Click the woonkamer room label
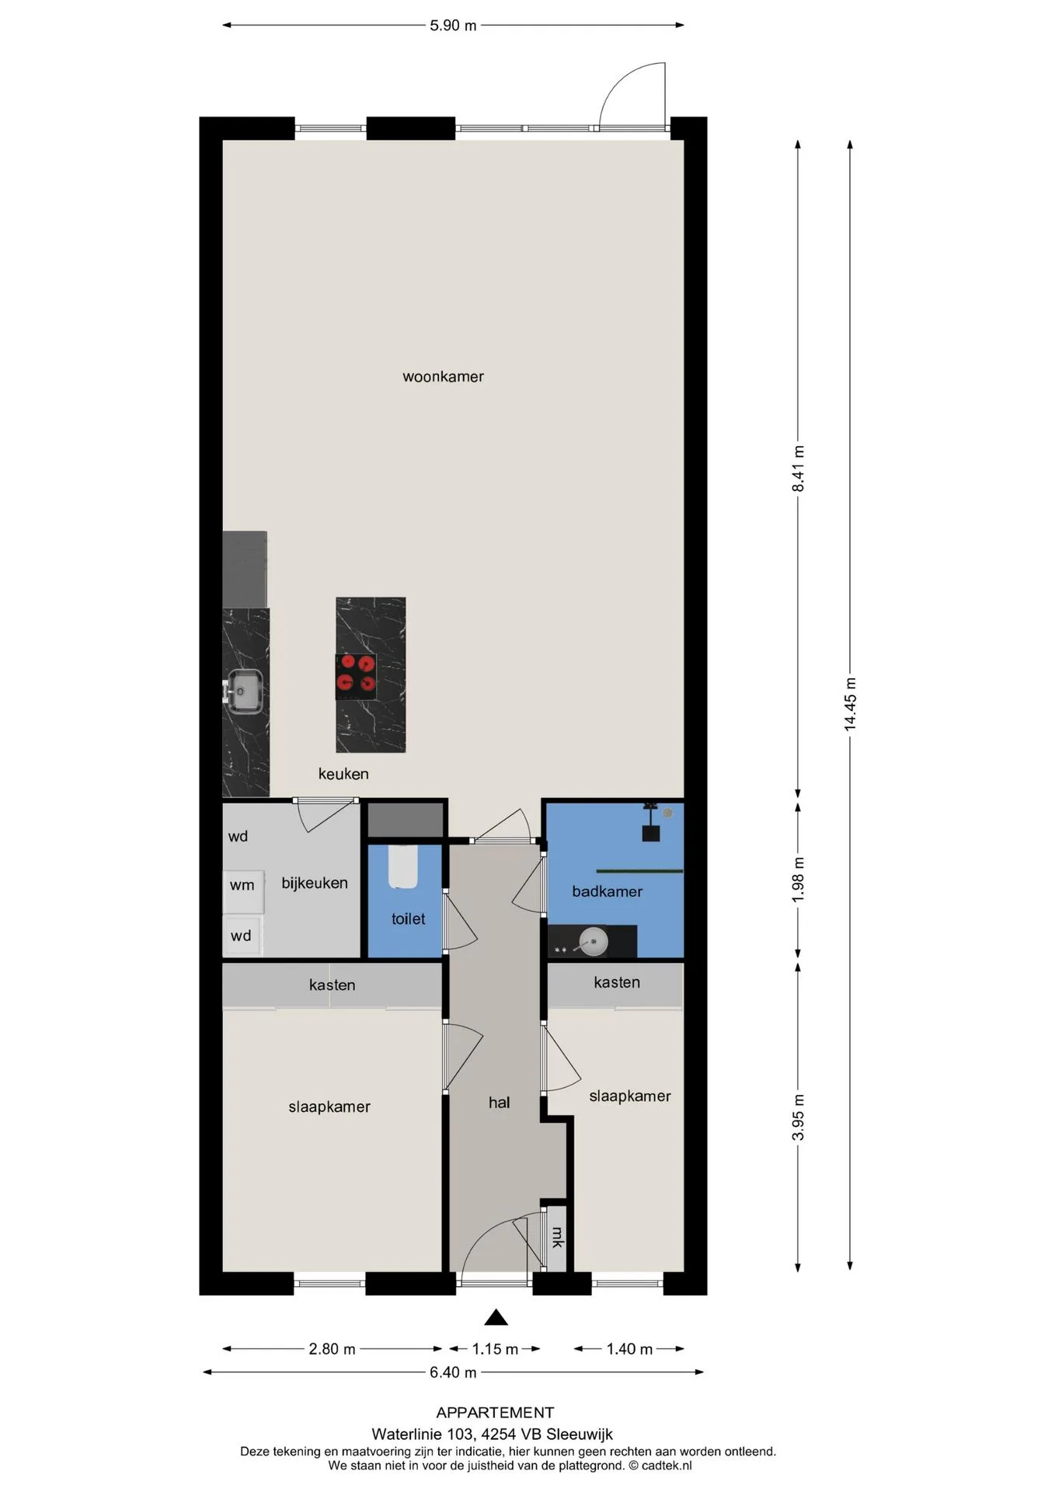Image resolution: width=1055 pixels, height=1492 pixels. pyautogui.click(x=443, y=377)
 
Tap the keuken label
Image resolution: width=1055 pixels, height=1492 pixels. pyautogui.click(x=343, y=774)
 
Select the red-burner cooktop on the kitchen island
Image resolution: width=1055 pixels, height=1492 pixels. pyautogui.click(x=356, y=675)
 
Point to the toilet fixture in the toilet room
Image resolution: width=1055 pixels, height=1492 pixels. pyautogui.click(x=403, y=866)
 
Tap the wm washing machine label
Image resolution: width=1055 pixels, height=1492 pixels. pyautogui.click(x=242, y=885)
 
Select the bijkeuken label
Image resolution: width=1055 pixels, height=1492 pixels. pyautogui.click(x=315, y=884)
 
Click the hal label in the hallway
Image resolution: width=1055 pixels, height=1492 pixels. pyautogui.click(x=499, y=1103)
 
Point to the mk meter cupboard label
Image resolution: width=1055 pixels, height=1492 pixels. pyautogui.click(x=557, y=1238)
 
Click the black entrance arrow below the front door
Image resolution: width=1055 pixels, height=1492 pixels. pyautogui.click(x=496, y=1317)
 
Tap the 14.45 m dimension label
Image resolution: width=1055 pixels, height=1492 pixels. pyautogui.click(x=851, y=703)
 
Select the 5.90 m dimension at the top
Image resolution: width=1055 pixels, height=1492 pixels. pyautogui.click(x=453, y=26)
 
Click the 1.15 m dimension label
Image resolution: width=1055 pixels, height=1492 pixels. pyautogui.click(x=495, y=1349)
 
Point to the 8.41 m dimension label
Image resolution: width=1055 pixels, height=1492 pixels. pyautogui.click(x=798, y=469)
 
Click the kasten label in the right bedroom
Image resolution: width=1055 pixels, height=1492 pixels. pyautogui.click(x=617, y=983)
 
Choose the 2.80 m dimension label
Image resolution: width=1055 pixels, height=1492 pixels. pyautogui.click(x=332, y=1349)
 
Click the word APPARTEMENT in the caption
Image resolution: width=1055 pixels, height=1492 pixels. pyautogui.click(x=495, y=1413)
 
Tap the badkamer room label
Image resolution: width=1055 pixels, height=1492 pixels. pyautogui.click(x=607, y=892)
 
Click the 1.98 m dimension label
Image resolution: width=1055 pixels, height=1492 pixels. pyautogui.click(x=798, y=880)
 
